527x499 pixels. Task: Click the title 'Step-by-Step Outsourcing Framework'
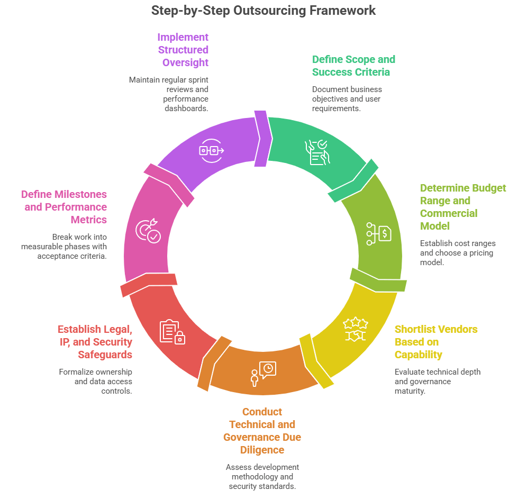click(x=263, y=10)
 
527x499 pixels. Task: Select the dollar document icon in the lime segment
click(x=379, y=233)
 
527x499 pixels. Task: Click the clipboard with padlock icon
click(x=172, y=332)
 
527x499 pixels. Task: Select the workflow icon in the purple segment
click(x=211, y=151)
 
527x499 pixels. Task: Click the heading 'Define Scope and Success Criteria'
click(x=353, y=66)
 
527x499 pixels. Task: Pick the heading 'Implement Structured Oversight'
click(x=183, y=50)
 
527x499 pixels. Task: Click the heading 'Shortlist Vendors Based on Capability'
click(x=435, y=342)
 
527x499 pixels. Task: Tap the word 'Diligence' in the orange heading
click(x=262, y=450)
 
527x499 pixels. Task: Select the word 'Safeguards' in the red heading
click(x=105, y=355)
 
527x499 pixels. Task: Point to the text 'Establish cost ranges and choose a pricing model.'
click(x=457, y=253)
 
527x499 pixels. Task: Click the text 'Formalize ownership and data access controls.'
click(x=95, y=382)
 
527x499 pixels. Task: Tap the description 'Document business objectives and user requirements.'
click(x=347, y=98)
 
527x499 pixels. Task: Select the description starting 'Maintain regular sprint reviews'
click(x=169, y=94)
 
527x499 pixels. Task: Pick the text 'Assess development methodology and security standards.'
click(x=262, y=476)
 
